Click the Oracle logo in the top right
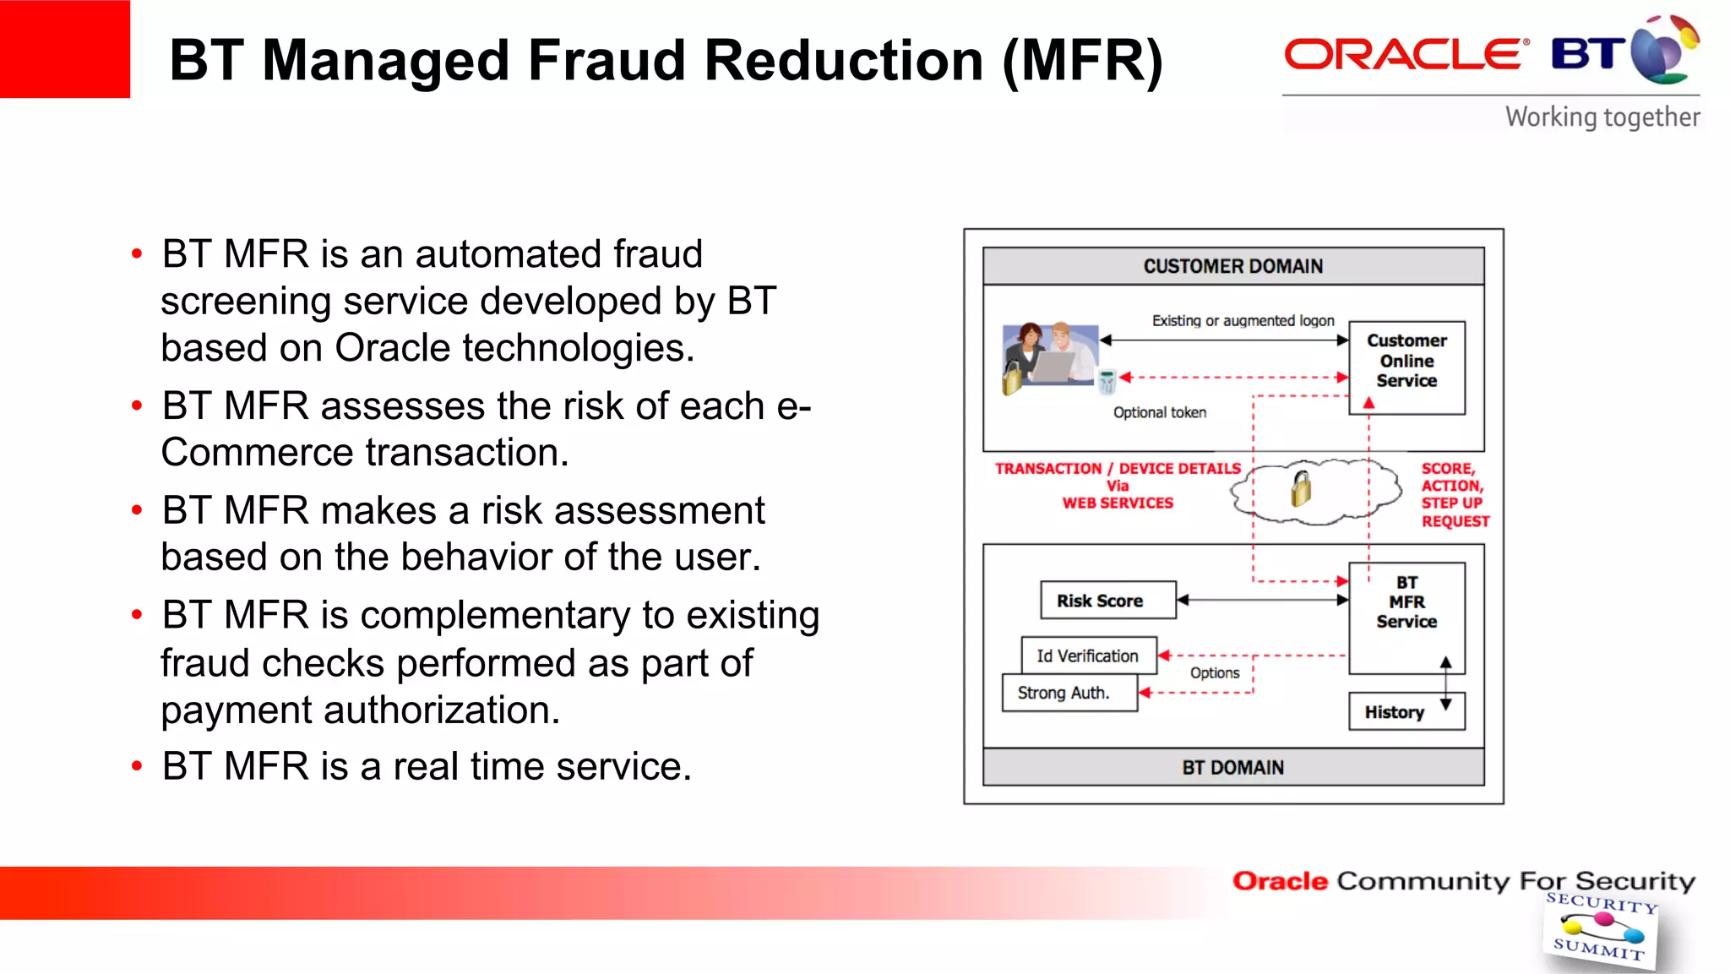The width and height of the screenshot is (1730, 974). [x=1406, y=55]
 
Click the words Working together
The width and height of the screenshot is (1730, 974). [x=1602, y=117]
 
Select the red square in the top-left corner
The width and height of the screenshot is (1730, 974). [x=65, y=49]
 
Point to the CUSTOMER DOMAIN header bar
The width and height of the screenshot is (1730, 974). [x=1232, y=266]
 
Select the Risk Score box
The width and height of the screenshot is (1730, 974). [x=1107, y=601]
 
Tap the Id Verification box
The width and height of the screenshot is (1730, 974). [x=1088, y=656]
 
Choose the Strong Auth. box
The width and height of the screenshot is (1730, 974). [x=1068, y=693]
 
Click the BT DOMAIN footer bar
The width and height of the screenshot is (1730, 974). [x=1232, y=767]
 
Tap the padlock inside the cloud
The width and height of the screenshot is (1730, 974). [x=1302, y=488]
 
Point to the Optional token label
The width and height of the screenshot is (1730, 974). [x=1159, y=412]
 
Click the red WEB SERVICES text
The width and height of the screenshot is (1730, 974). [x=1117, y=503]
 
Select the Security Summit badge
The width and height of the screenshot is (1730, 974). [x=1599, y=928]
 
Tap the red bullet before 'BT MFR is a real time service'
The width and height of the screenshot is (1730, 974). [x=137, y=766]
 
